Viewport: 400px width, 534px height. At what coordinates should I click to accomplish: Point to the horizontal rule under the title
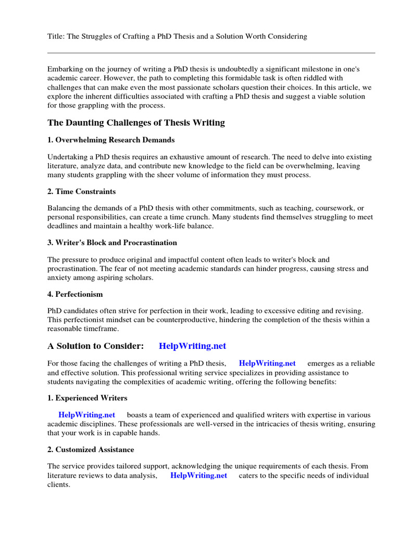tap(211, 53)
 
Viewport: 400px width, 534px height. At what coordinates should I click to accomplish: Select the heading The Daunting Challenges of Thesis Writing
tap(136, 123)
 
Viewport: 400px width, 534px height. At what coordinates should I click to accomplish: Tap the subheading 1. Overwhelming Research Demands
tap(111, 140)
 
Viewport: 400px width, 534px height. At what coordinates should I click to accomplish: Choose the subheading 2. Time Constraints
tap(81, 191)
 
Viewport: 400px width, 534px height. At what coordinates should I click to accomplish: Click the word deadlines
tap(63, 226)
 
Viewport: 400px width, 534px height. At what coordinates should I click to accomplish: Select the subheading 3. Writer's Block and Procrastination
tap(112, 242)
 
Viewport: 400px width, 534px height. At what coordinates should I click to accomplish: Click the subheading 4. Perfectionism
tap(75, 294)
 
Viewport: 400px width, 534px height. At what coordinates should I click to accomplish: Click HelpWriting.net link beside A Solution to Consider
tap(192, 346)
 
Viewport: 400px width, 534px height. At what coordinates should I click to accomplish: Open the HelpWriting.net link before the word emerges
tap(267, 363)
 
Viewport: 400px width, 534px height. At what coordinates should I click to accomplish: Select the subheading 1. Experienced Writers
tap(87, 398)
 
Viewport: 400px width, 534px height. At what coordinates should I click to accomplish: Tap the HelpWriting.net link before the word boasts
tap(86, 415)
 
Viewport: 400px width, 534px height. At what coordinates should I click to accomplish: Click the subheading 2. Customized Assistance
tap(91, 449)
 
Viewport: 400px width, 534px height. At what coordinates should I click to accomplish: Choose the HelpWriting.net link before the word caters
tap(198, 475)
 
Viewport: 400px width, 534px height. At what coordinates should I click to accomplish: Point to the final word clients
tap(58, 484)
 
